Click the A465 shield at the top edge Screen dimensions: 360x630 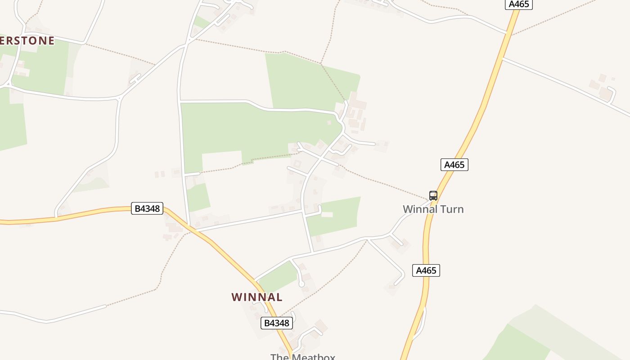(x=519, y=4)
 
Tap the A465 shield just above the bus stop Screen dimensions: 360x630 (x=454, y=165)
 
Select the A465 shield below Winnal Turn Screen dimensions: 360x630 (x=426, y=270)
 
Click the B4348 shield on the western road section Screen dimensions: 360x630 (x=147, y=208)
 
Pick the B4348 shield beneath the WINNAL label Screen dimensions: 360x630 (x=276, y=323)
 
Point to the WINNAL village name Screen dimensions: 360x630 (x=257, y=297)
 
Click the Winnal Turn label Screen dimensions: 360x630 (x=433, y=209)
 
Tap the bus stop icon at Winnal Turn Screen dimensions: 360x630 (x=433, y=196)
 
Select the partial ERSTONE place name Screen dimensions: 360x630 (x=27, y=40)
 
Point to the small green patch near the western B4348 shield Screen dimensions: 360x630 (x=198, y=197)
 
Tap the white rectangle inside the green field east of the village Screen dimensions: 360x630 (x=327, y=215)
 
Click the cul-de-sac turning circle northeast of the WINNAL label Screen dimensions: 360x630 (x=301, y=284)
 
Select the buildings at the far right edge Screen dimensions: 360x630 (x=603, y=88)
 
